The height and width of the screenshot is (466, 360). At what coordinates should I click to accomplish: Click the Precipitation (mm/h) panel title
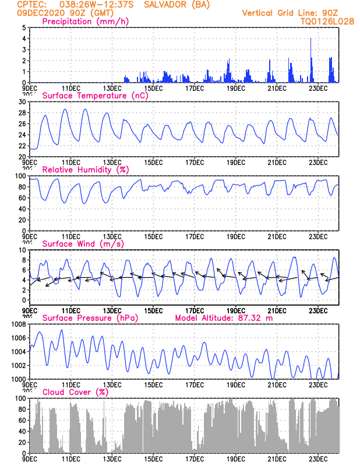pyautogui.click(x=86, y=22)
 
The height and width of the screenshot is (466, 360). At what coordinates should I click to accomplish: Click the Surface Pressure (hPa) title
pyautogui.click(x=89, y=317)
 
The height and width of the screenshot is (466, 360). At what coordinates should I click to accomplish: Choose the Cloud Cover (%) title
pyautogui.click(x=75, y=391)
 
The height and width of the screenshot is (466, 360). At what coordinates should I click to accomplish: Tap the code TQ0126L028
pyautogui.click(x=327, y=21)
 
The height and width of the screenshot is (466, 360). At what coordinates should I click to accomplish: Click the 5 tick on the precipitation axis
pyautogui.click(x=23, y=28)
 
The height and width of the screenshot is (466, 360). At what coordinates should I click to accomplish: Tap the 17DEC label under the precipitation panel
pyautogui.click(x=195, y=88)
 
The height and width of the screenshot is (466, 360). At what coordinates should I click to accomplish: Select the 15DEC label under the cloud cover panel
pyautogui.click(x=153, y=458)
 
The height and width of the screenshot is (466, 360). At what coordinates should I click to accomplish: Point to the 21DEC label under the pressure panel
pyautogui.click(x=277, y=384)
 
